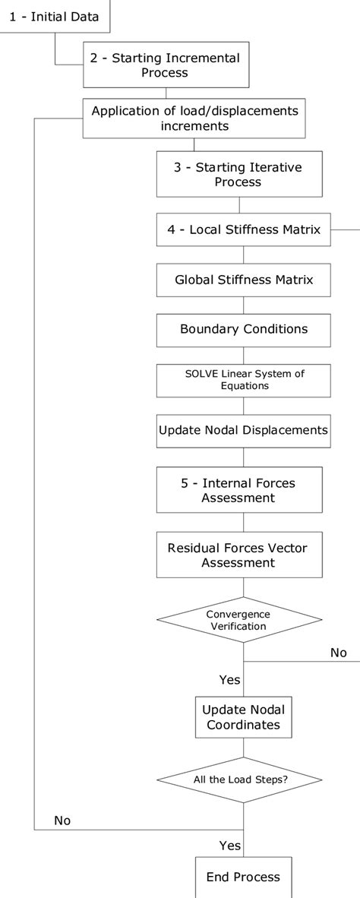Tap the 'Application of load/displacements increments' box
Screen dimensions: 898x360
(x=194, y=119)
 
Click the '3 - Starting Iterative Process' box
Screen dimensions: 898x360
(x=238, y=174)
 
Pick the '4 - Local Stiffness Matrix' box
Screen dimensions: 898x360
(x=243, y=229)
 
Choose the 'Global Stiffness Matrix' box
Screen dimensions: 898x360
(x=243, y=280)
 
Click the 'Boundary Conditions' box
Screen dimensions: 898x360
(x=243, y=329)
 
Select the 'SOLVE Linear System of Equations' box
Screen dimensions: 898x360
(x=243, y=380)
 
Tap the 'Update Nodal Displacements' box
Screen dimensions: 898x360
(x=243, y=430)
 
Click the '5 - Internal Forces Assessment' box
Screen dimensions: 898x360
(x=238, y=490)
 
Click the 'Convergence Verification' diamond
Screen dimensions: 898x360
(x=238, y=619)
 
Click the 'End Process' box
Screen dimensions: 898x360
(x=243, y=877)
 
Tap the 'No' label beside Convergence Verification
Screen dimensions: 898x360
(x=338, y=653)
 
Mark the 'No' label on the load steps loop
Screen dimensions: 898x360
(x=62, y=821)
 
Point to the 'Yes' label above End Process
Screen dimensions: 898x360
(x=229, y=845)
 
